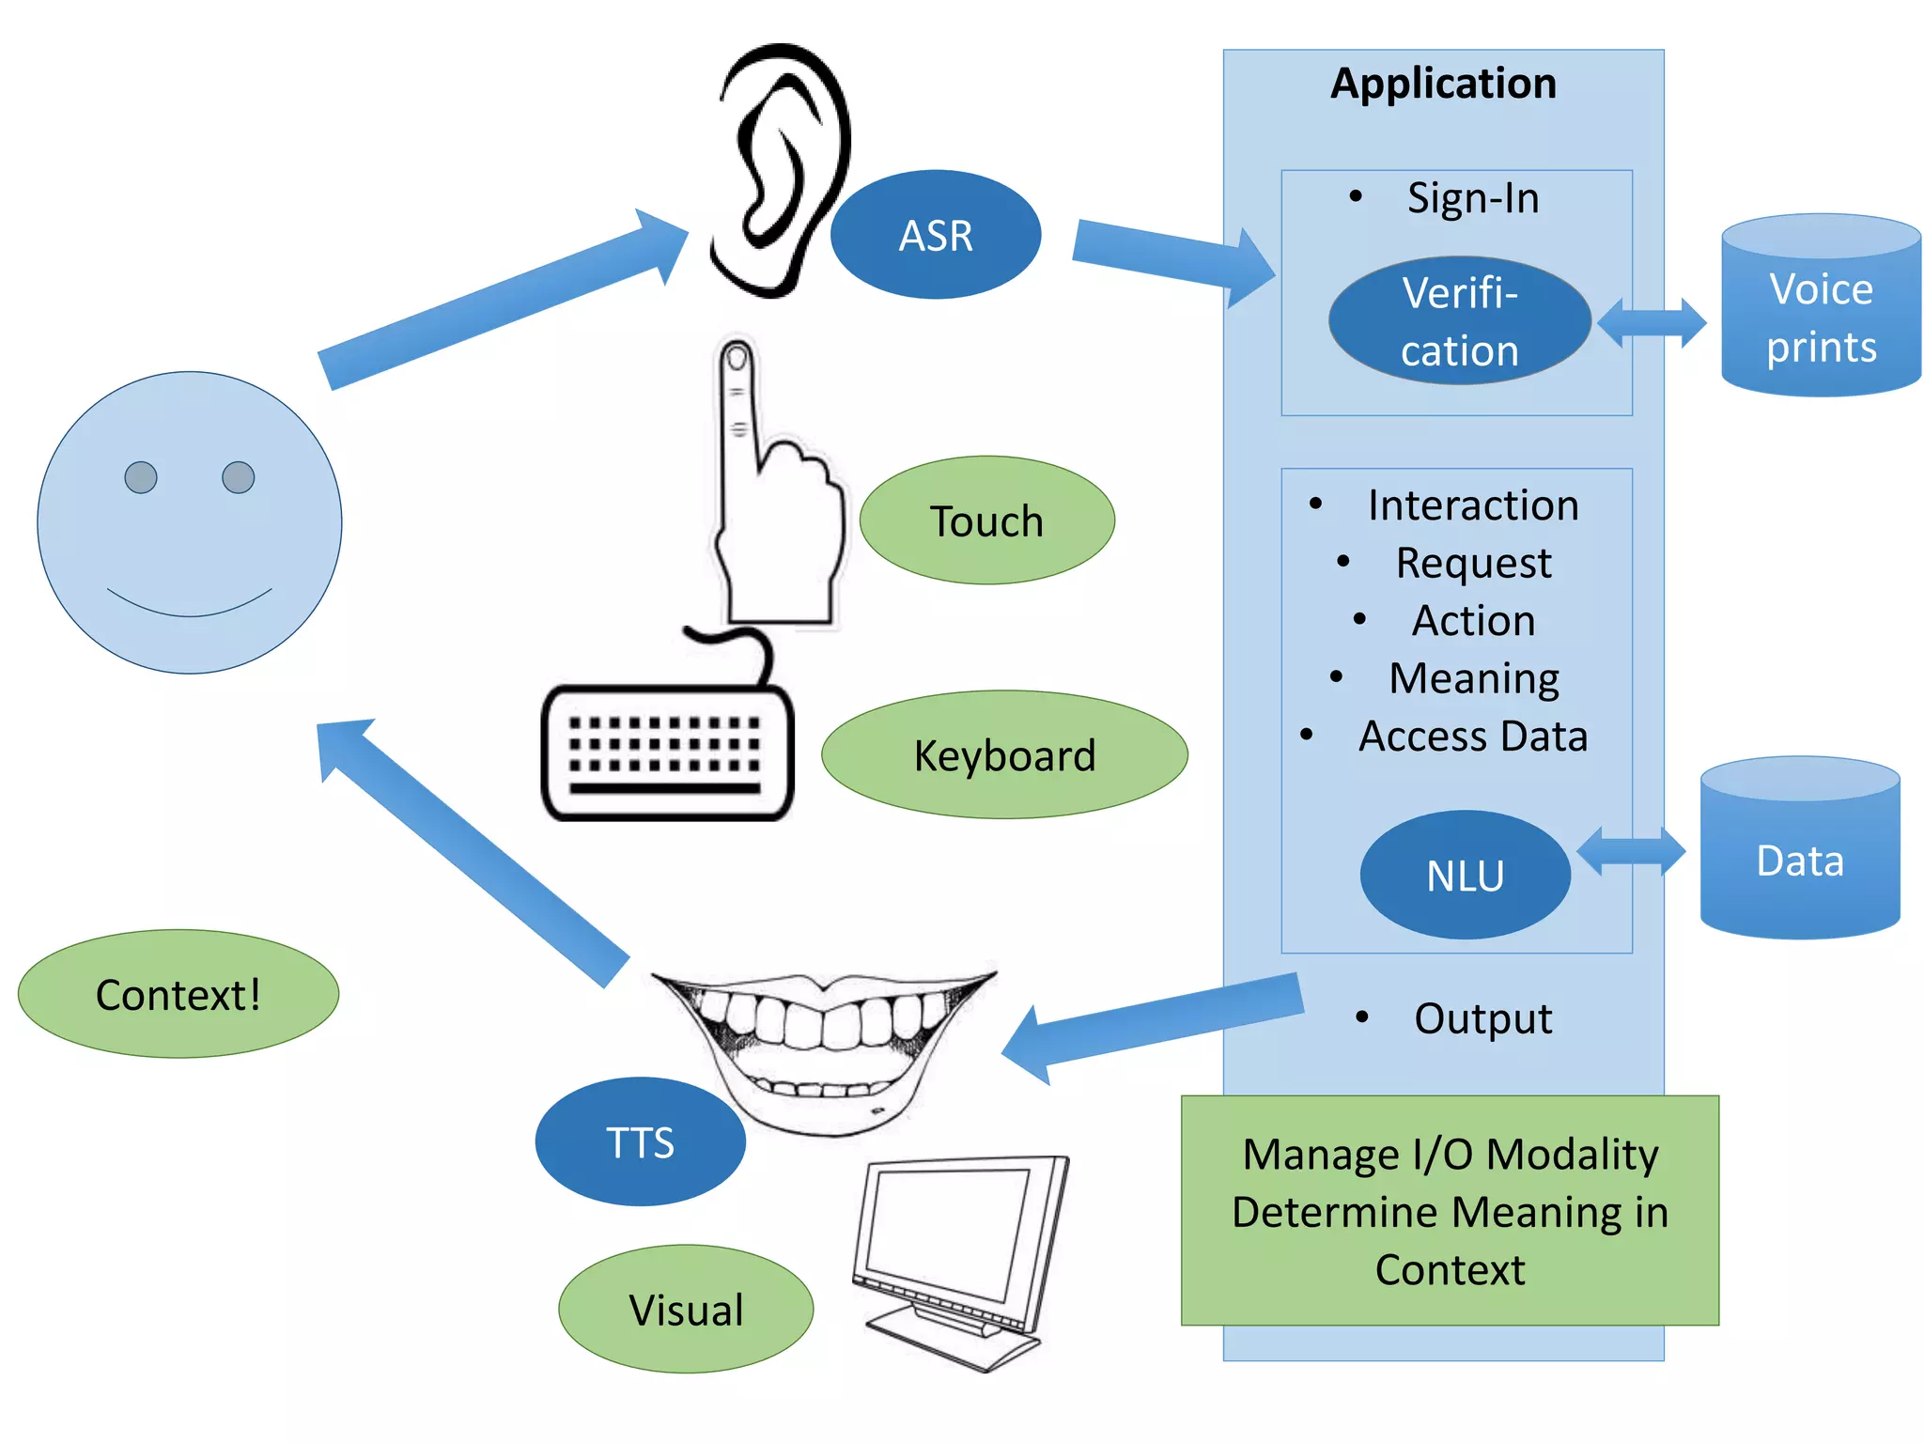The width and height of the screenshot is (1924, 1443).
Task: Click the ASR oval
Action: point(935,235)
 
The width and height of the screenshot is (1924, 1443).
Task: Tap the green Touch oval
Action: point(986,520)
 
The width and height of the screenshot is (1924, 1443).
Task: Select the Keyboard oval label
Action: point(1004,755)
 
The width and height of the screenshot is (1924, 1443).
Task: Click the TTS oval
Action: point(640,1141)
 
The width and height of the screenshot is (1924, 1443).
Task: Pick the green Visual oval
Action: point(686,1309)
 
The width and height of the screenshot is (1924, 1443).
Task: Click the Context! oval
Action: point(178,994)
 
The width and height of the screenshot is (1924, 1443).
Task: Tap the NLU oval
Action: point(1465,875)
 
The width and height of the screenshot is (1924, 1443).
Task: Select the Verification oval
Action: point(1459,321)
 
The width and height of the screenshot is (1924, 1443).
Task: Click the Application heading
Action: point(1443,84)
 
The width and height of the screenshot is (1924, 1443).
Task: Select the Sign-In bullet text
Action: point(1472,198)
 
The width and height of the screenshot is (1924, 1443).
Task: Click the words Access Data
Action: point(1472,736)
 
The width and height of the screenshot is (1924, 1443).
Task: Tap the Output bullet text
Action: point(1482,1018)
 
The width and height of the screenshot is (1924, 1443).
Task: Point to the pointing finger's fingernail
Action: point(737,358)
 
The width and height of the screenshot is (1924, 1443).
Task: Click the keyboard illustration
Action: point(668,752)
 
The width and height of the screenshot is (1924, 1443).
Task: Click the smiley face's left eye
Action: point(141,477)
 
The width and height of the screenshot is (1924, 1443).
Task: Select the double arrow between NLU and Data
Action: point(1631,852)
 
